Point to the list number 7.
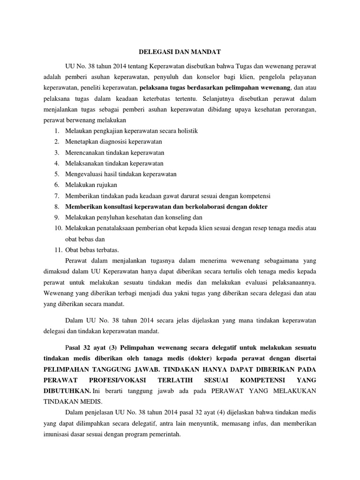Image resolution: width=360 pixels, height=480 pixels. tap(56, 196)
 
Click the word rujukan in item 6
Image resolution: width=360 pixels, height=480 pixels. tap(106, 185)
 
